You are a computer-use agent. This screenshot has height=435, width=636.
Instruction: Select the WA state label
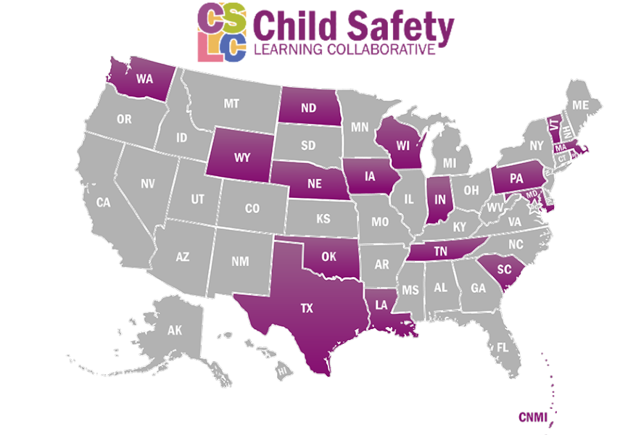(x=144, y=79)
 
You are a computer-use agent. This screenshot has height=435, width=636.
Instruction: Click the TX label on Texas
(x=307, y=308)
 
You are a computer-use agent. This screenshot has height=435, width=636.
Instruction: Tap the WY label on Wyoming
(x=242, y=157)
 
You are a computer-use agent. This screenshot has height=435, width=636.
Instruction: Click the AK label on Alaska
(x=174, y=331)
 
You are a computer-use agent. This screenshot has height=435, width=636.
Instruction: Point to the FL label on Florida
(x=503, y=347)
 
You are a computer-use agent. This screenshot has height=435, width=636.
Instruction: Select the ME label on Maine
(x=580, y=105)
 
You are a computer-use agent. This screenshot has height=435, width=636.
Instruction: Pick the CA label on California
(x=103, y=203)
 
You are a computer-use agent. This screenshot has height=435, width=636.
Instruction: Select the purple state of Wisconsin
(x=399, y=145)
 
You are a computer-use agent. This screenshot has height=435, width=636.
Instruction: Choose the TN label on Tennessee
(x=440, y=251)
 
